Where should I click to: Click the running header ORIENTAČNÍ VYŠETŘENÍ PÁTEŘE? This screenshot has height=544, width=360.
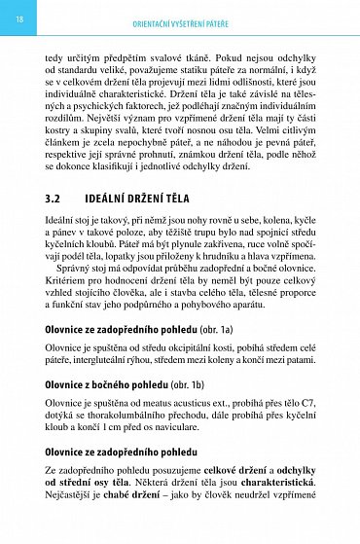click(196, 22)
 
